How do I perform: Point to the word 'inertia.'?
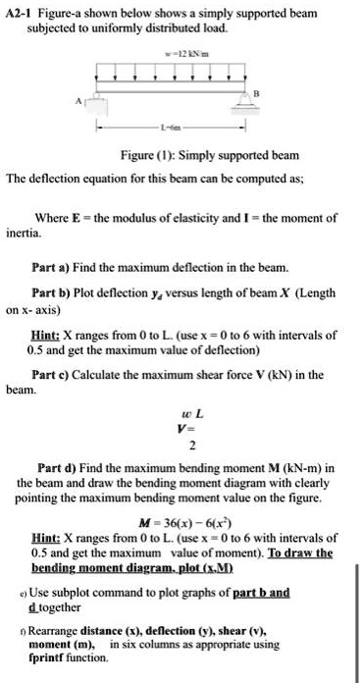24,234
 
